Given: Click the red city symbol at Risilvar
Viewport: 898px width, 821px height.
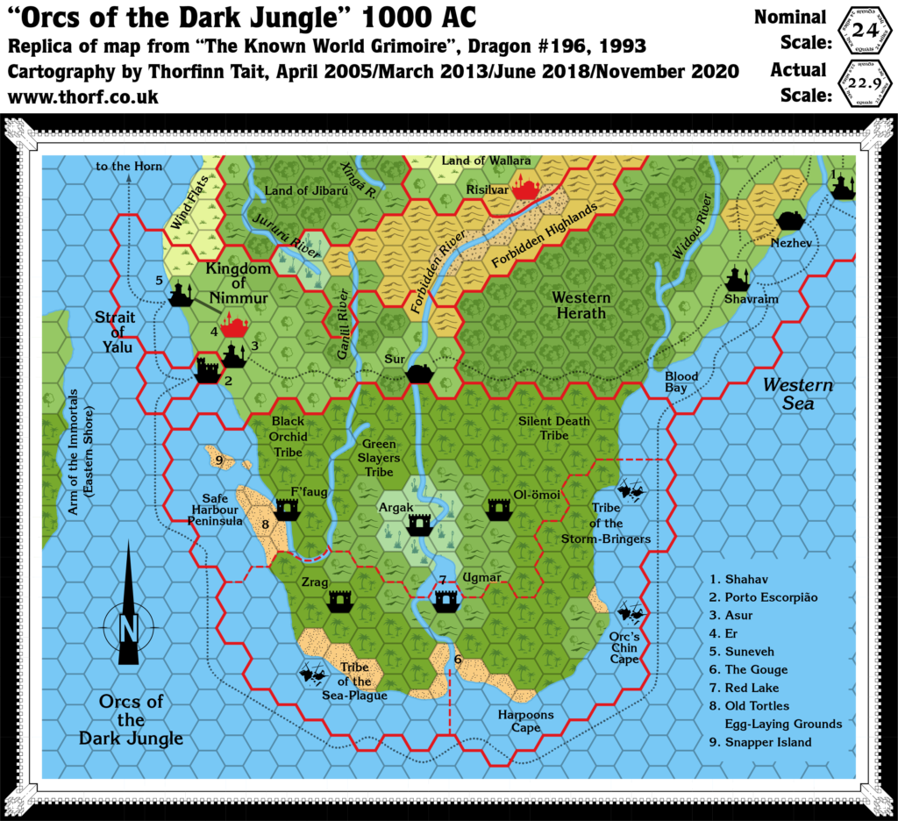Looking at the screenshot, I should coord(527,186).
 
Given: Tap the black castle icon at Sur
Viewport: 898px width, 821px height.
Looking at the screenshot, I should coord(420,373).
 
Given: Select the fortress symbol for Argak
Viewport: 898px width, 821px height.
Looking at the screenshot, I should coord(418,525).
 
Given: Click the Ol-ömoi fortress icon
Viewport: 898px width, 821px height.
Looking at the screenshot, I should coord(498,508).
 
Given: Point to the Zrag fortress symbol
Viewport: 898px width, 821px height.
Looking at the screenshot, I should coord(340,600).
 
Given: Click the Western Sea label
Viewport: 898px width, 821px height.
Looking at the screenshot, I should coord(797,394).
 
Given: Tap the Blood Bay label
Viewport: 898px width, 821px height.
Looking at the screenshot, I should coord(681,382).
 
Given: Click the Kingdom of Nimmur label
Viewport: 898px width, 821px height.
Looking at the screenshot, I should coord(238,283).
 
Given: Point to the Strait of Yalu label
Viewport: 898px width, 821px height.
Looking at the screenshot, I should coord(115,332).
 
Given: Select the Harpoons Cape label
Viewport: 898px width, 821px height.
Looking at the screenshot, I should coord(526,721).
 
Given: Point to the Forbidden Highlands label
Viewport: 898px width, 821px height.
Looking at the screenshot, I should coord(544,235).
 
